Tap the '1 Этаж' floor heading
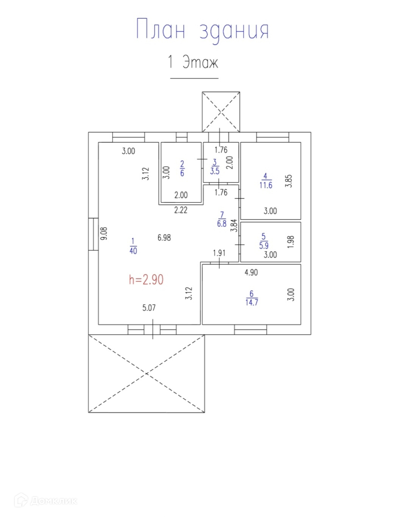pos(193,62)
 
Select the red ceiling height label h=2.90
pos(146,280)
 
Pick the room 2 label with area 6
pos(182,169)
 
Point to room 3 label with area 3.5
pos(215,167)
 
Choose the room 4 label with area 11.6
pos(266,181)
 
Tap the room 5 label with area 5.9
pos(264,241)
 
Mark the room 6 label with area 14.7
pos(252,298)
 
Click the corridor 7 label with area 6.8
pos(222,219)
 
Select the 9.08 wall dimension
pos(104,233)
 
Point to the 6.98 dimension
pos(164,237)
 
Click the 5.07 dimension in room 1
pos(149,308)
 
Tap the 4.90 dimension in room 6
pos(251,272)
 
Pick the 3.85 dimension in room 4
pos(289,181)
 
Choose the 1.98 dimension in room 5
pos(291,242)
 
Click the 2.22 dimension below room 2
pos(181,210)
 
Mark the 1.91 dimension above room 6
pos(219,253)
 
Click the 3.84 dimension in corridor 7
pos(235,225)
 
